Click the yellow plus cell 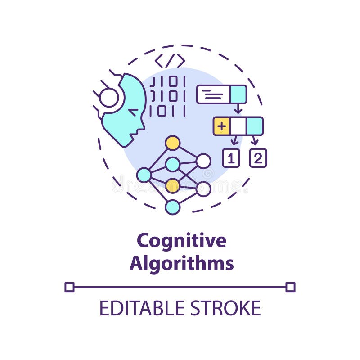(221, 126)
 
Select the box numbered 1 (231, 158)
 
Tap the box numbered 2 (258, 158)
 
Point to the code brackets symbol (170, 61)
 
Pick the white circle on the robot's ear (109, 98)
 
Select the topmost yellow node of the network (173, 143)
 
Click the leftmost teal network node (144, 175)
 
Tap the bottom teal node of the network (173, 207)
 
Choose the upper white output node (203, 161)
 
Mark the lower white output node (203, 189)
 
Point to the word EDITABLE (142, 308)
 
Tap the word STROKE (226, 308)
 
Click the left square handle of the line (69, 287)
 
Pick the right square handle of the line (290, 287)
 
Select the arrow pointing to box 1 (234, 140)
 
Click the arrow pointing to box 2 (254, 140)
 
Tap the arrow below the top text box (238, 108)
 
